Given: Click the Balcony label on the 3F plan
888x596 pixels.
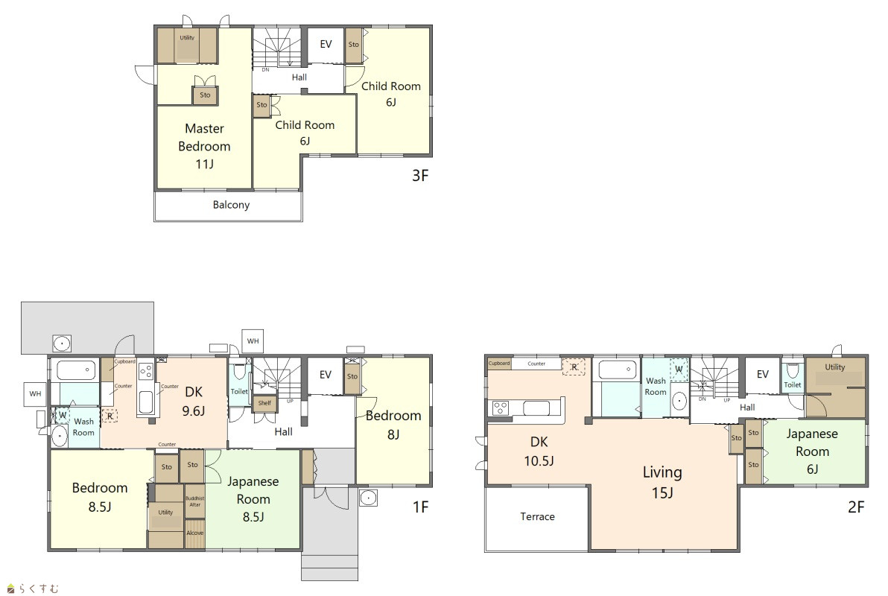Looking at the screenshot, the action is click(231, 205).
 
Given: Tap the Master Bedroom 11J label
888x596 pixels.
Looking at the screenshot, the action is click(204, 146).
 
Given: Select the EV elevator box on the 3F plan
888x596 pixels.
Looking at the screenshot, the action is click(326, 45).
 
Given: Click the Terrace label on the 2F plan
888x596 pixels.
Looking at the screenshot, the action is click(537, 517).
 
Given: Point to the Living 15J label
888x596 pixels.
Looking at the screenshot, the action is click(662, 482).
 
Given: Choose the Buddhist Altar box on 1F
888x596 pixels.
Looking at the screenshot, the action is click(195, 501).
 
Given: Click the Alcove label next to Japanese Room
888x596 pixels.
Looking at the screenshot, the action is click(195, 533).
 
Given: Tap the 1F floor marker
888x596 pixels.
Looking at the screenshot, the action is click(420, 507).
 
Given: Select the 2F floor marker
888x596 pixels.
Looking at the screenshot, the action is click(856, 507).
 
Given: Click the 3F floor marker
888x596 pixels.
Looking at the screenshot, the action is click(420, 176).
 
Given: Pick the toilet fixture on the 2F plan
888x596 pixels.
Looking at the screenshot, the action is click(793, 372).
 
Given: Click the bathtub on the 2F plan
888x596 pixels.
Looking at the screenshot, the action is click(617, 370).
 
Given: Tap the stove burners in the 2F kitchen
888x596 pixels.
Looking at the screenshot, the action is click(500, 408).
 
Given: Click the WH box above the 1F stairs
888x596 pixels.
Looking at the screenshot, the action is click(253, 341).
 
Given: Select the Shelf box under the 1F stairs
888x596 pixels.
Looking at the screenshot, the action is click(264, 403).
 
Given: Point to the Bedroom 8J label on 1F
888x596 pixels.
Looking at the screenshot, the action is click(393, 425).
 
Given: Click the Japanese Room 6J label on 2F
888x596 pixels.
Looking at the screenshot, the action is click(812, 451).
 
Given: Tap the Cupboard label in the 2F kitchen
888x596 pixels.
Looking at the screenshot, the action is click(499, 364).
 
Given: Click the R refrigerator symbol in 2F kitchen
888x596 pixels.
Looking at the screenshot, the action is click(574, 367).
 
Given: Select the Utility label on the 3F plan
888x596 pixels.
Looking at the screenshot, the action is click(187, 38).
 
